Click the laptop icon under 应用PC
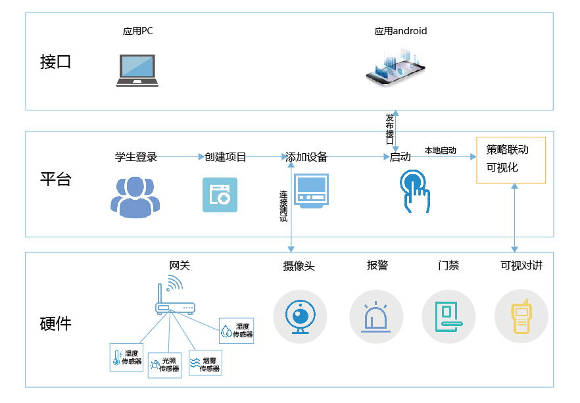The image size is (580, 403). [x=137, y=70]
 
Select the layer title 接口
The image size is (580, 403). [x=55, y=62]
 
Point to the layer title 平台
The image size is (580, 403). [x=55, y=179]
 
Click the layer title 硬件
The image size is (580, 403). [x=55, y=323]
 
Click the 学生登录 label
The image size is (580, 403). [x=136, y=157]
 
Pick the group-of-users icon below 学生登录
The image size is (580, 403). [x=135, y=196]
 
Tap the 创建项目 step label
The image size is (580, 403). [x=226, y=157]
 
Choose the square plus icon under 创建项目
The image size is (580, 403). [x=220, y=195]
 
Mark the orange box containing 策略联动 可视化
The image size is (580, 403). [x=511, y=160]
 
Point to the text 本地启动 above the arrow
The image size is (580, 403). [x=441, y=151]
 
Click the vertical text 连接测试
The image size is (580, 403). [x=283, y=206]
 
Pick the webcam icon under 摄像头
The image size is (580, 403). [x=300, y=317]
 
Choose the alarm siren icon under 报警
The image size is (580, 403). [x=376, y=317]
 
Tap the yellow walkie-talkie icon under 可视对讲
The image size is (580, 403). [x=521, y=317]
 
